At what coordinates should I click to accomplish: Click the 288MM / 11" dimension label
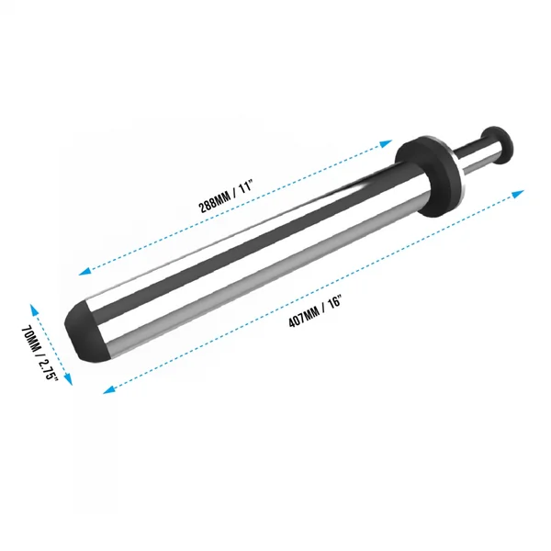click(226, 197)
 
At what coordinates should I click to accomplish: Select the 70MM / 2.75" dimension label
click(39, 352)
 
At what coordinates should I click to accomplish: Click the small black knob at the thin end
click(497, 144)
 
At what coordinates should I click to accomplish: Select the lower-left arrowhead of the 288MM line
click(84, 271)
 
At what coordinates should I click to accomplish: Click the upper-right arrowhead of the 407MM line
click(518, 193)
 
